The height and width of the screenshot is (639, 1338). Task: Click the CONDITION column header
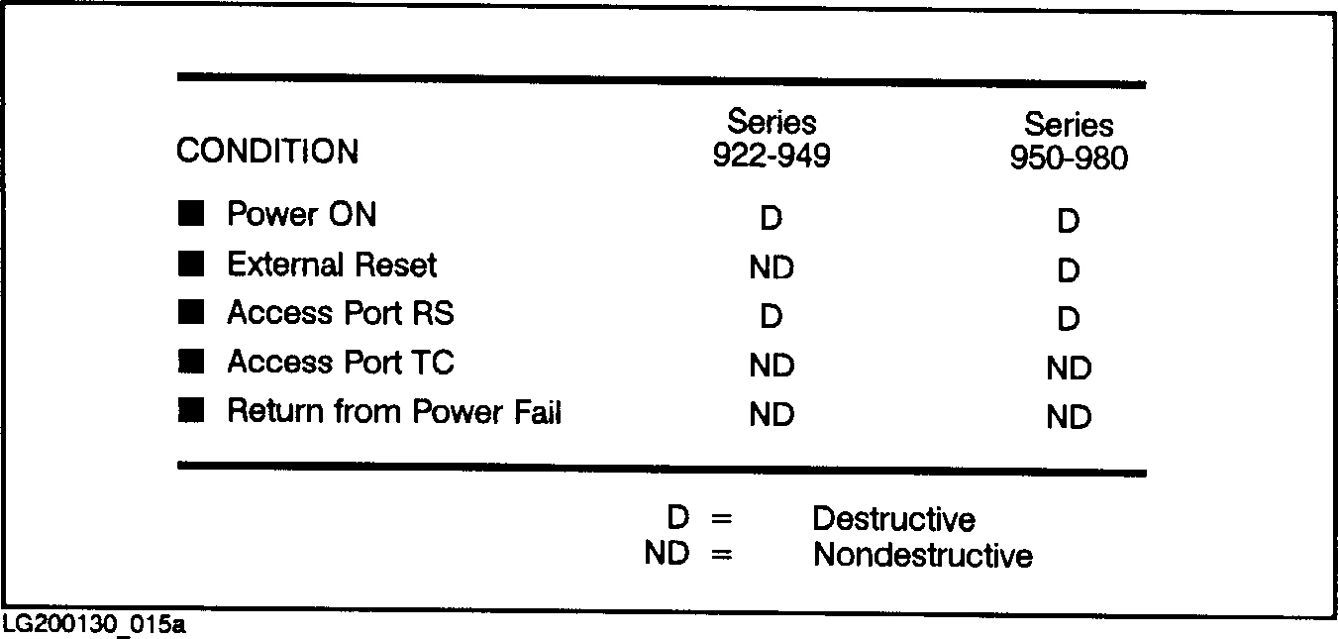click(x=267, y=152)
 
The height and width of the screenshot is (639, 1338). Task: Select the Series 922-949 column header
click(x=772, y=140)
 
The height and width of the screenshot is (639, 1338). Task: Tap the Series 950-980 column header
click(x=1069, y=142)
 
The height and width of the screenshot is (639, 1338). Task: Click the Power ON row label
click(x=302, y=214)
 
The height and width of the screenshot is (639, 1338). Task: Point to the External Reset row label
click(x=332, y=265)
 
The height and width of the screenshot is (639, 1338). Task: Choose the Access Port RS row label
click(x=341, y=313)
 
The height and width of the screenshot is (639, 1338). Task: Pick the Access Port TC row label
click(x=341, y=363)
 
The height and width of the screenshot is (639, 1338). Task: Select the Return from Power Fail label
click(x=394, y=411)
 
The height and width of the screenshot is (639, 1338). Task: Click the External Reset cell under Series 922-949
click(x=772, y=267)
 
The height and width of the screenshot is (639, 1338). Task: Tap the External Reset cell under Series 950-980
click(x=1068, y=270)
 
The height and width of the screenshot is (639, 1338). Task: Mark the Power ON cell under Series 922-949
click(x=771, y=218)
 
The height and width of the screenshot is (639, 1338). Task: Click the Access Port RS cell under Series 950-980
click(x=1068, y=320)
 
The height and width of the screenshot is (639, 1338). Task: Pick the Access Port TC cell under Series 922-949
click(x=772, y=366)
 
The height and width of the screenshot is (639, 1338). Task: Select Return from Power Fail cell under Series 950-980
click(x=1069, y=418)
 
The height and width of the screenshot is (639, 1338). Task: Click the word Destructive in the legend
click(x=893, y=519)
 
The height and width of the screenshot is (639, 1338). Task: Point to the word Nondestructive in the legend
click(x=922, y=555)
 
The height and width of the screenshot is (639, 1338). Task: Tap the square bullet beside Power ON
click(x=190, y=213)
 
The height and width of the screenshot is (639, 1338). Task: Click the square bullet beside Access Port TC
click(x=190, y=362)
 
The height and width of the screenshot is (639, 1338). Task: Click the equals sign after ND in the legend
click(x=721, y=555)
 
